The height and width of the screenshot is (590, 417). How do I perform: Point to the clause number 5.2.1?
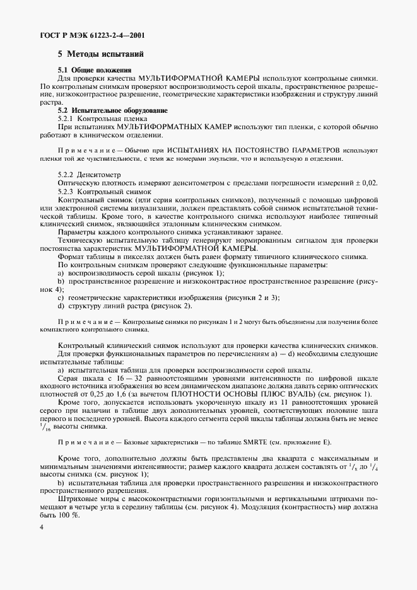click(67, 119)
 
